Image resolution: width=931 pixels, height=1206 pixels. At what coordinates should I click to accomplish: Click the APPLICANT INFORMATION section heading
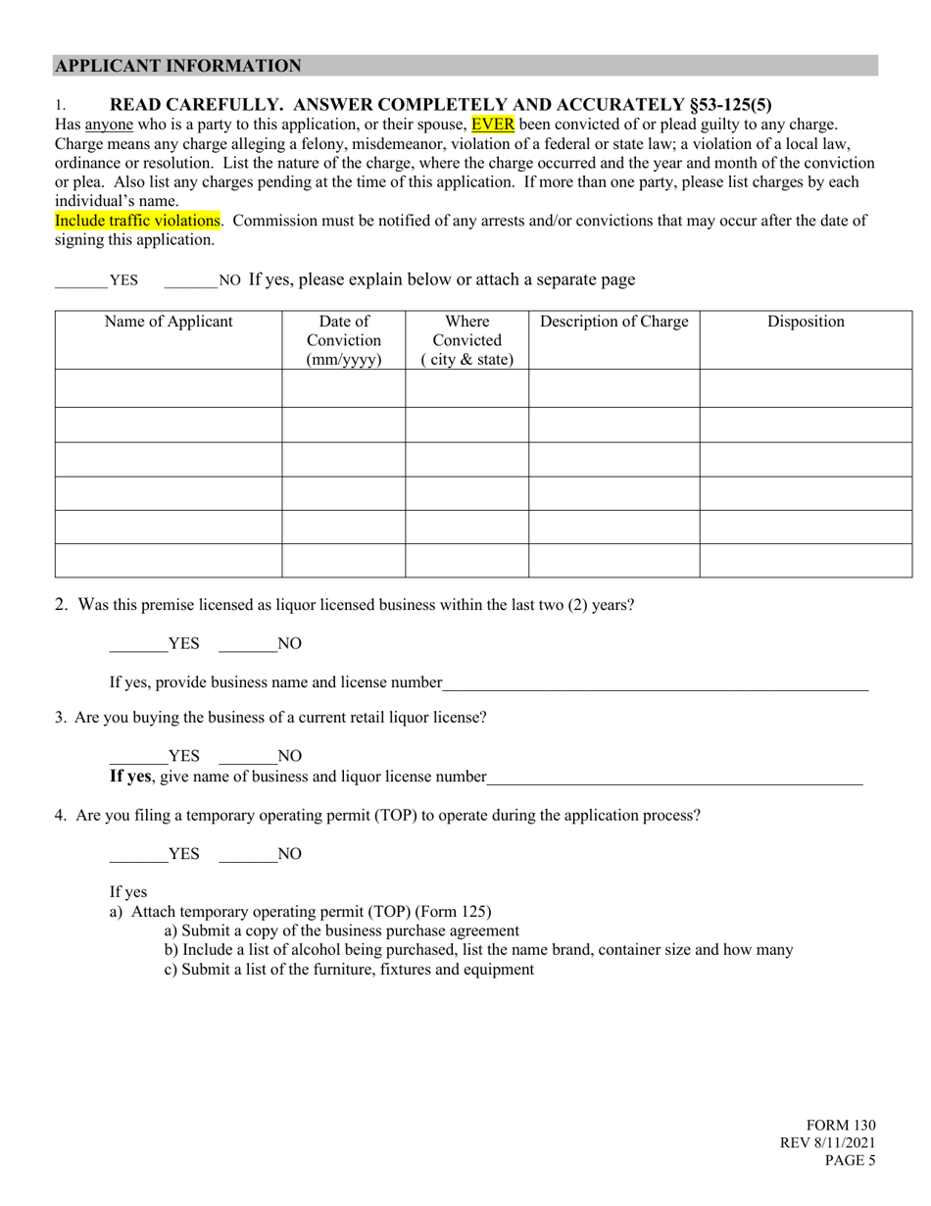tap(178, 66)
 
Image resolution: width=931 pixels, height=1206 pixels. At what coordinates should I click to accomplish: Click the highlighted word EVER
tap(492, 125)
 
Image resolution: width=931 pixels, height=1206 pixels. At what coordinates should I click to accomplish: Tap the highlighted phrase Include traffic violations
tap(137, 221)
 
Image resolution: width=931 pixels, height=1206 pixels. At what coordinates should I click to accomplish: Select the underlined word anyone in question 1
tap(109, 125)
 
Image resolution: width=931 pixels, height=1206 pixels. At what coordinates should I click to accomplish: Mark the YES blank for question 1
tap(81, 280)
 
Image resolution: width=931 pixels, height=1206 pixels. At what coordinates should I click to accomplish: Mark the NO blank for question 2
tap(247, 644)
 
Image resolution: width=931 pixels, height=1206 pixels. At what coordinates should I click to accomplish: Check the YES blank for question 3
tap(138, 756)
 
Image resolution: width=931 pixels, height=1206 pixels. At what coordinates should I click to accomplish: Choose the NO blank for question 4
tap(247, 854)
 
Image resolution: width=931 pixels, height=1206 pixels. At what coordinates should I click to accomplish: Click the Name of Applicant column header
tap(169, 322)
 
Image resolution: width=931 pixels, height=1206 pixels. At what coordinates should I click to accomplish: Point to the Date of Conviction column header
tap(344, 339)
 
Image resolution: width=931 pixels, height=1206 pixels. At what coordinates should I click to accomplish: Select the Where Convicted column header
tap(467, 339)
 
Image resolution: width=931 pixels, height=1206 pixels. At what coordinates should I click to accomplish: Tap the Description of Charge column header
tap(614, 322)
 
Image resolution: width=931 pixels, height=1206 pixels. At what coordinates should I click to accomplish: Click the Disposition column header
tap(806, 322)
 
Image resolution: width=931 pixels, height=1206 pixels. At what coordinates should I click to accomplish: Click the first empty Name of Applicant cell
tap(169, 388)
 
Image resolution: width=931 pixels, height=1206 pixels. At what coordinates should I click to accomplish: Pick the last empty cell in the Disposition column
tap(806, 561)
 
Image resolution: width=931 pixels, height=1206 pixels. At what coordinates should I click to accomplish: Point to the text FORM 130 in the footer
tap(841, 1126)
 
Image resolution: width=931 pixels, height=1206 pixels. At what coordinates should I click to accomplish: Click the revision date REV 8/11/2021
tap(828, 1143)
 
